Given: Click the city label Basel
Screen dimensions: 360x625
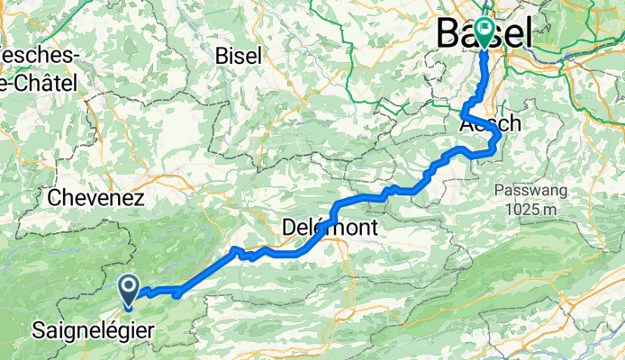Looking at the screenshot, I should (x=484, y=33).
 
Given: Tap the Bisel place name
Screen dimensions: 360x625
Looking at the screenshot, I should (x=239, y=55).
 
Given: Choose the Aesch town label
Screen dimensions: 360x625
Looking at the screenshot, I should (x=490, y=124).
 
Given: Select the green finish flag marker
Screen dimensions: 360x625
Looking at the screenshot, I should (x=485, y=32).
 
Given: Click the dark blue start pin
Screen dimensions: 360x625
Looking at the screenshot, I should (x=129, y=289).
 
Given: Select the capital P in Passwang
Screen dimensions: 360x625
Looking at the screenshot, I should (x=498, y=191).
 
